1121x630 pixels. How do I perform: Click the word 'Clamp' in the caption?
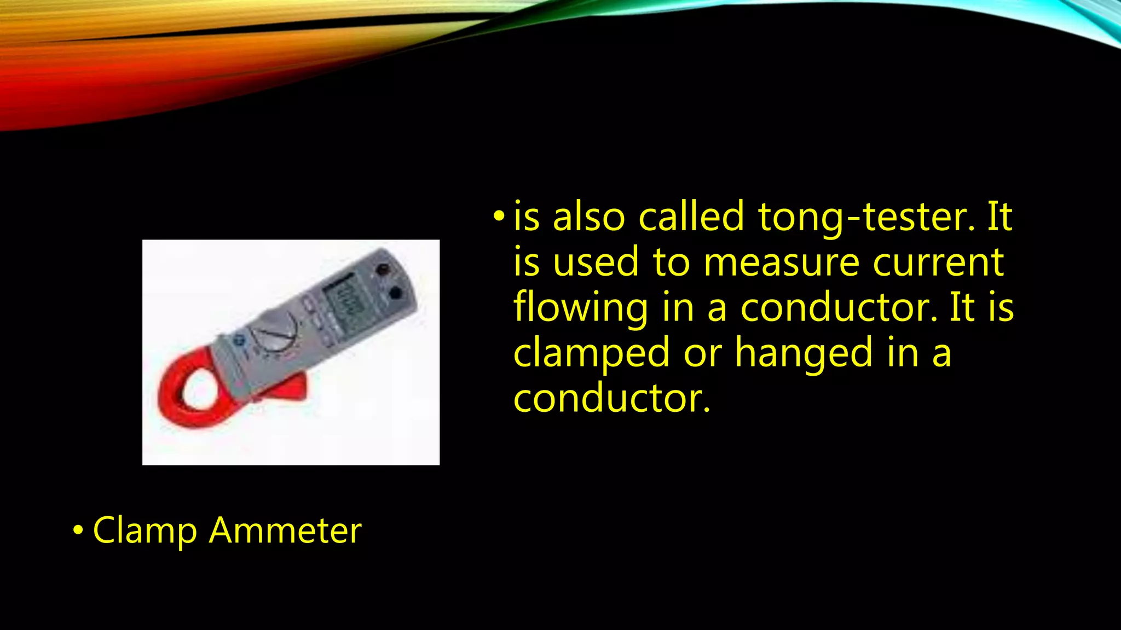click(145, 531)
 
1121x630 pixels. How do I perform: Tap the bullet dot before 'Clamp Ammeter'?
click(78, 530)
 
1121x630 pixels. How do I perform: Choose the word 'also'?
click(588, 217)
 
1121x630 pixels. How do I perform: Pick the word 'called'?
click(691, 217)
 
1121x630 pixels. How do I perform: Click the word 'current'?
click(938, 262)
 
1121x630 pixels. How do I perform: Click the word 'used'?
click(596, 262)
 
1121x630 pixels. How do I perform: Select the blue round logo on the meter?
click(239, 340)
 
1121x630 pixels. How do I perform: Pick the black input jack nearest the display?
click(395, 293)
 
